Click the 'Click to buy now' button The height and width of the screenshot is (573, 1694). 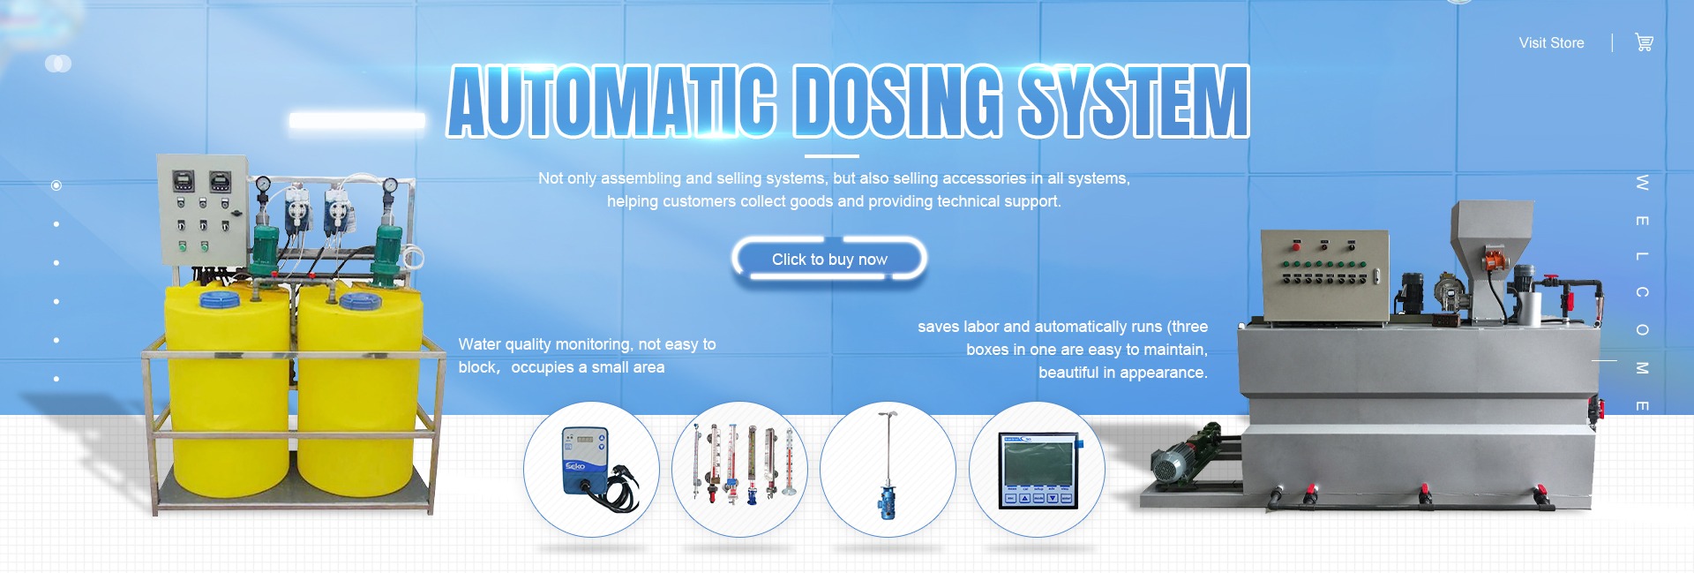pyautogui.click(x=829, y=260)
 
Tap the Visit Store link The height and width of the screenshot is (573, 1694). pyautogui.click(x=1551, y=43)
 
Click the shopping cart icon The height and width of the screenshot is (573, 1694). pyautogui.click(x=1644, y=42)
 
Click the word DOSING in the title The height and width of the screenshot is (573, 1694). pyautogui.click(x=898, y=102)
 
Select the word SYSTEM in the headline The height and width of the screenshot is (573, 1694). pyautogui.click(x=1133, y=102)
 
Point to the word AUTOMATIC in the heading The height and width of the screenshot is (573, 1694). pyautogui.click(x=611, y=102)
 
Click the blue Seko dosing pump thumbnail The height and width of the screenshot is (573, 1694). pyautogui.click(x=591, y=469)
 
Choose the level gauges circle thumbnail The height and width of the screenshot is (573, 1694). pyautogui.click(x=739, y=469)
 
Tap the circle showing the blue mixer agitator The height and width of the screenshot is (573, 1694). pyautogui.click(x=888, y=469)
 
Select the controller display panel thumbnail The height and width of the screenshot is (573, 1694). pyautogui.click(x=1037, y=469)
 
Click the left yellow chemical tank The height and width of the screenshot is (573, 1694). pyautogui.click(x=227, y=388)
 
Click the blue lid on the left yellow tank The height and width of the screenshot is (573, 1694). pyautogui.click(x=221, y=300)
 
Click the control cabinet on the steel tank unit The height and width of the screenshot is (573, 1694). pyautogui.click(x=1323, y=275)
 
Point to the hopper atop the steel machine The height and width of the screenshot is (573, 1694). pyautogui.click(x=1491, y=234)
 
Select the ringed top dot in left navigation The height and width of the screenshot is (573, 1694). pyautogui.click(x=56, y=185)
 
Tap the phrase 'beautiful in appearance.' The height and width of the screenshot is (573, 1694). pyautogui.click(x=1122, y=373)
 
